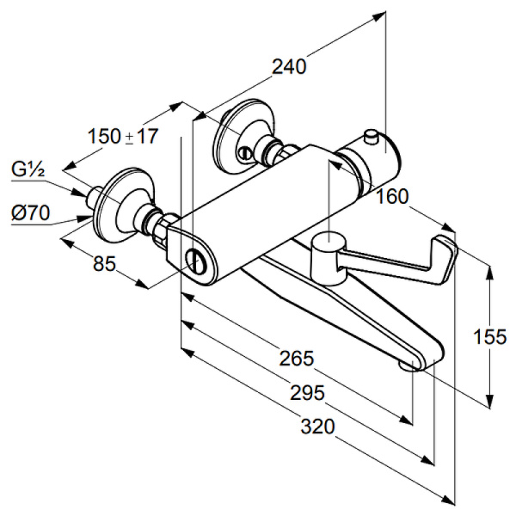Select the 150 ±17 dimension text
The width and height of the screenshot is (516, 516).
[123, 136]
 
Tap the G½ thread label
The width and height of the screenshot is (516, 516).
[28, 169]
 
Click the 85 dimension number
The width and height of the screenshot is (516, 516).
[105, 265]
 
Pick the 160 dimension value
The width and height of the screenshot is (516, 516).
[392, 197]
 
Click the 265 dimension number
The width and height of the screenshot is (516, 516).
[298, 358]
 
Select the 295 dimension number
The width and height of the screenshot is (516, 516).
[307, 393]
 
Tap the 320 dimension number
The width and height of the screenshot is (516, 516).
[317, 427]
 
